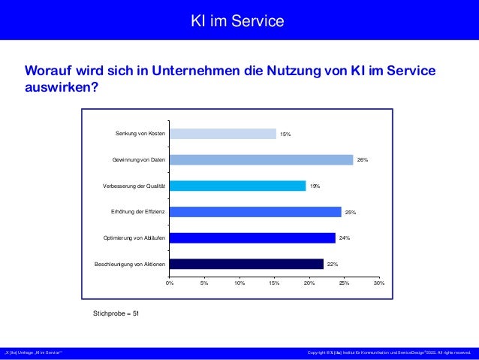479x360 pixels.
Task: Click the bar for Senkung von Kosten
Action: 222,134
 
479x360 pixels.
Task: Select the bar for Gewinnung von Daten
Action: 261,160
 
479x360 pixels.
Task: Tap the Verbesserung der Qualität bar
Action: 237,186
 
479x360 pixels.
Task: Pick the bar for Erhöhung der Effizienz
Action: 255,212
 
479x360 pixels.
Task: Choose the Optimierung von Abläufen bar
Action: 252,238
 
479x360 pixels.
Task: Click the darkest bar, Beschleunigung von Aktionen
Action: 246,264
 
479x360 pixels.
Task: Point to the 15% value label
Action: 285,135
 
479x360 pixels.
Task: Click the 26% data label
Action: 362,160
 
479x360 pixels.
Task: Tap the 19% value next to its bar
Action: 315,186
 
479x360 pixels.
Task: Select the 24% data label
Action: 345,238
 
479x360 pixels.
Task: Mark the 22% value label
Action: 333,265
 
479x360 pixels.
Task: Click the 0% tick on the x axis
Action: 169,283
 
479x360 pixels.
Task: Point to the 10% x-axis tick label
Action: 239,283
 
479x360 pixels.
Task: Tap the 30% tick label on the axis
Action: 378,283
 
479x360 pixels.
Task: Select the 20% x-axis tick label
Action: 309,283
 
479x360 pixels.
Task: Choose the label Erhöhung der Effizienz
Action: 138,212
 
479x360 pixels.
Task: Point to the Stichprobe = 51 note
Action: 116,312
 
